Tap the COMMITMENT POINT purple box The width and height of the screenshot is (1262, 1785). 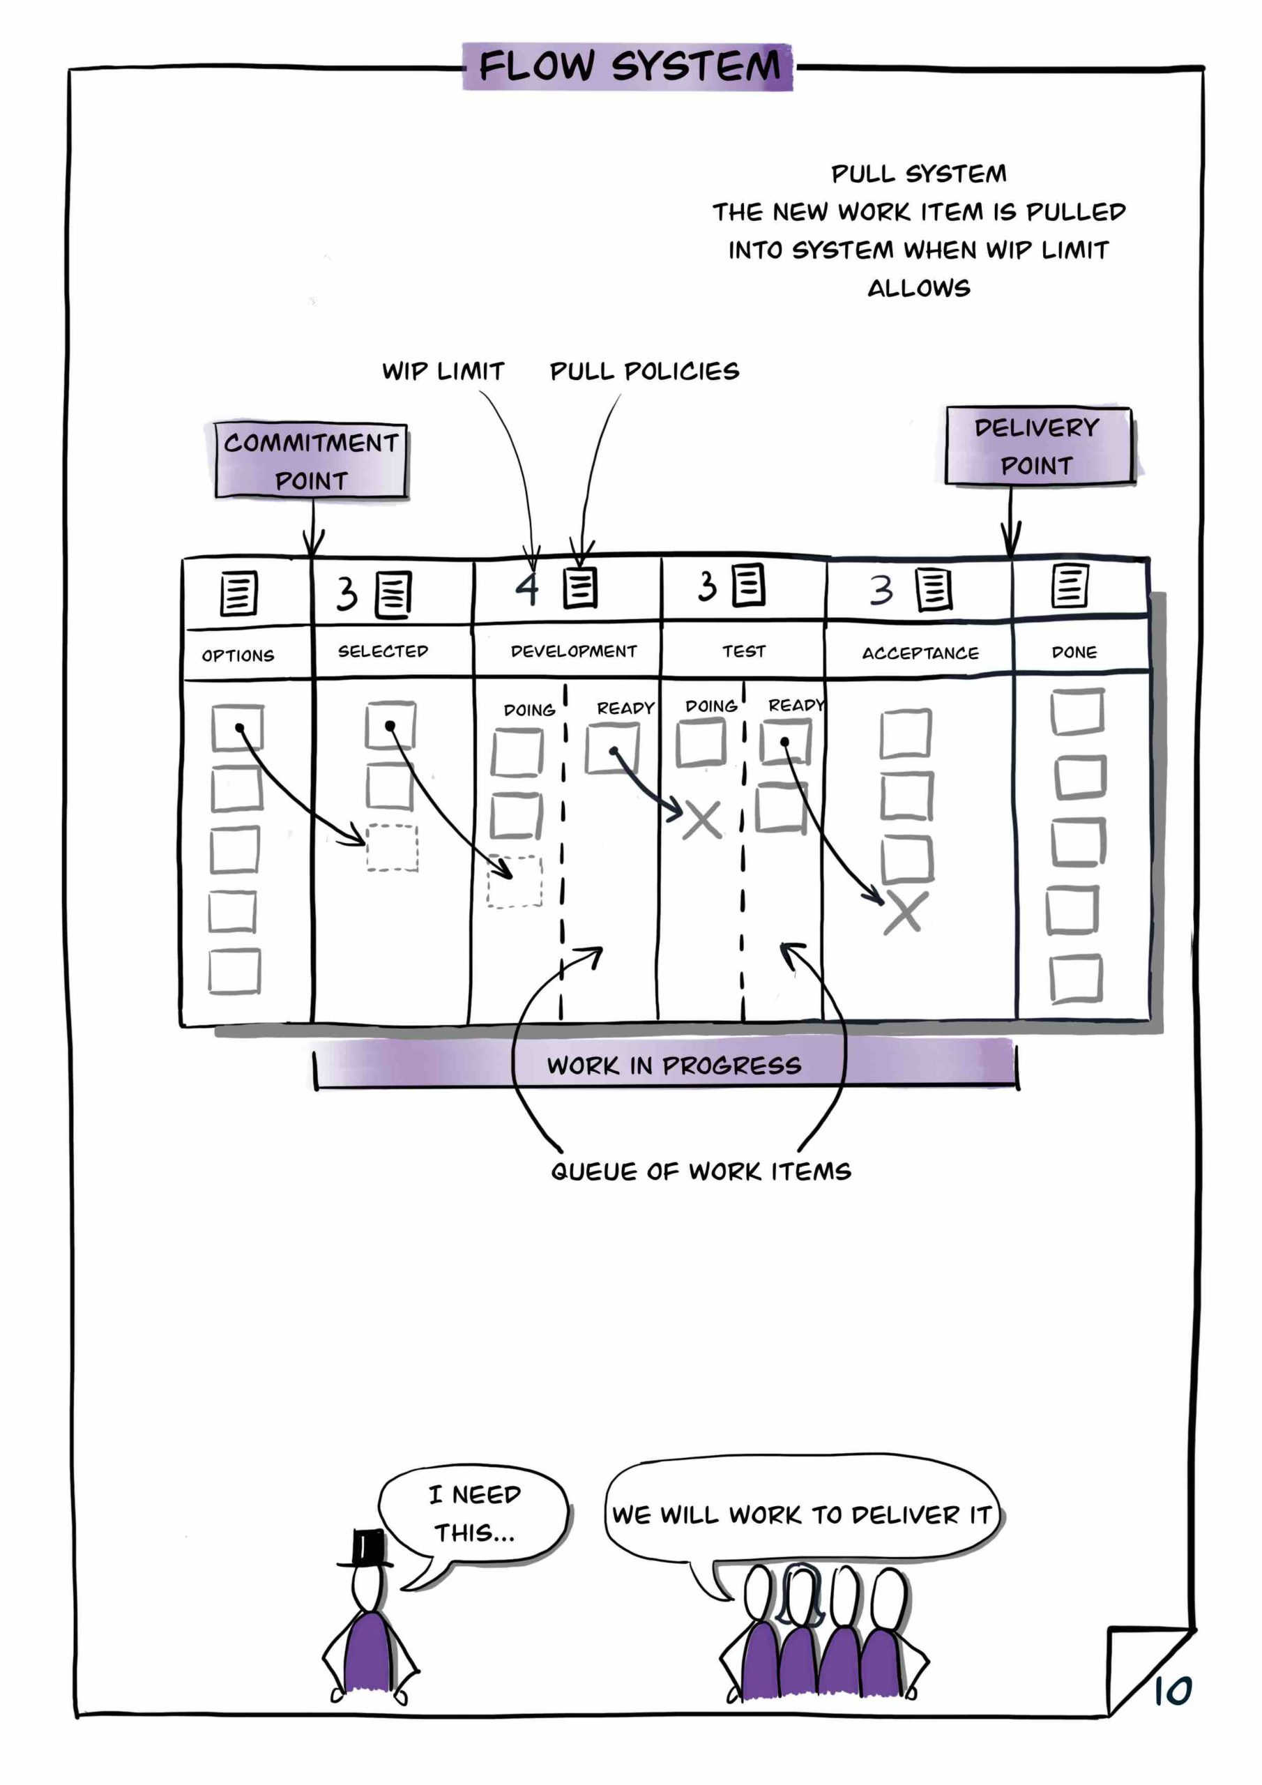point(311,461)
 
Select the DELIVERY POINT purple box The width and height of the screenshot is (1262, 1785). point(1038,446)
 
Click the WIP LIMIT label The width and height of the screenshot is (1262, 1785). point(443,371)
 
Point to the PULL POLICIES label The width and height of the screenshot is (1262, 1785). point(644,371)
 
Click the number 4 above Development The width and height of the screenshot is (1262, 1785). point(527,588)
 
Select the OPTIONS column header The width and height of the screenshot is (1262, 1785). point(238,655)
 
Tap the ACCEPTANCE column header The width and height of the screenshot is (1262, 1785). point(920,653)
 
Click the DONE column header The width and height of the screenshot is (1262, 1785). point(1074,652)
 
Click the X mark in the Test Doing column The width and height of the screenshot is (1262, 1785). point(701,820)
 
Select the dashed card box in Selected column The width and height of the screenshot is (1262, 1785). point(392,847)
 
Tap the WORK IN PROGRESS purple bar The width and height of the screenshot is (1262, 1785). point(673,1065)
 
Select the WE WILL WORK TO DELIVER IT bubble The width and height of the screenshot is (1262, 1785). point(801,1514)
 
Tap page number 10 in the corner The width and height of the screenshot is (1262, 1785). point(1172,1691)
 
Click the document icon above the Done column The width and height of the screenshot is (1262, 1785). point(1070,586)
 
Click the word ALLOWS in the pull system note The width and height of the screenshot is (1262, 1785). point(918,289)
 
